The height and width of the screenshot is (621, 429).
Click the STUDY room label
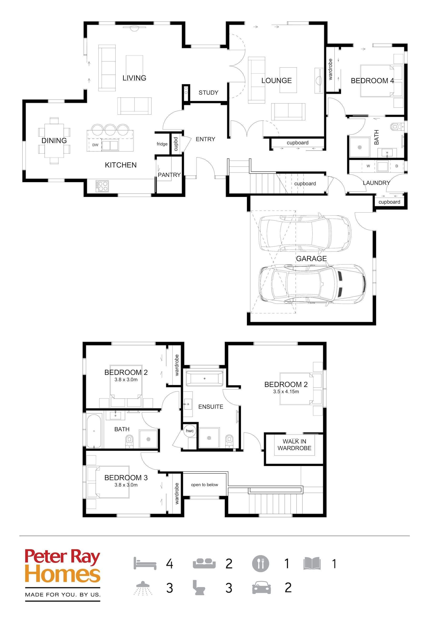click(208, 93)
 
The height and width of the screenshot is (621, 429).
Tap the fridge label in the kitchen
click(162, 144)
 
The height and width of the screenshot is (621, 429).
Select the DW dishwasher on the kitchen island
click(95, 145)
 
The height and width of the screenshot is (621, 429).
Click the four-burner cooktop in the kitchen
click(102, 186)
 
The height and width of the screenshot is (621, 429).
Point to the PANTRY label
click(169, 175)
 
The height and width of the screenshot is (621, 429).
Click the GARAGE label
click(311, 259)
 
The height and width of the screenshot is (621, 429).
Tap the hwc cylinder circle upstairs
click(189, 431)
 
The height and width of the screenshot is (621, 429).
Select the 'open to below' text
click(204, 485)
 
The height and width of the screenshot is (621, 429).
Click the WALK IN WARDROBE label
click(294, 445)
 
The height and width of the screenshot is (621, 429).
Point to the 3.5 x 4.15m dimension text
click(286, 391)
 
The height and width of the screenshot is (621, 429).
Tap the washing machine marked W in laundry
click(368, 166)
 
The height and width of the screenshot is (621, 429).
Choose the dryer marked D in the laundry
click(397, 166)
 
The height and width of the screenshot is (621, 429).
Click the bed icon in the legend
click(145, 563)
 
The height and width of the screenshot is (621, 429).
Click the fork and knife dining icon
click(260, 563)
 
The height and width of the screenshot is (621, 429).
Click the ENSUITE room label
click(211, 407)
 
